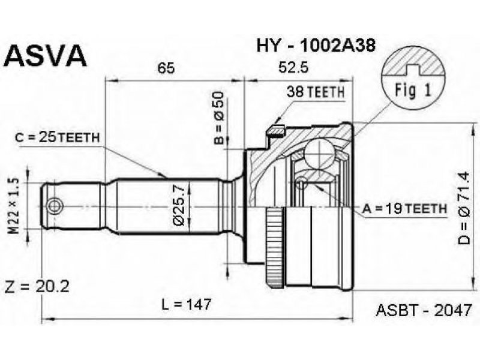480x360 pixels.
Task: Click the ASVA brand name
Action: coord(47,56)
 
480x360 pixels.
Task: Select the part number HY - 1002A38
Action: coord(316,46)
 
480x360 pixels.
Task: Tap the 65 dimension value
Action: coord(166,68)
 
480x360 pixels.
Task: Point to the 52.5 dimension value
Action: coord(293,68)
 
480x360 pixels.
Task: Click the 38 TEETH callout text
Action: coord(316,92)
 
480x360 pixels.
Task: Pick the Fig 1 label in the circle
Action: coord(413,90)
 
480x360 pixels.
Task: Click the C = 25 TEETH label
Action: coord(58,137)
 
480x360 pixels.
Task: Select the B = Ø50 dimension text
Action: coord(220,118)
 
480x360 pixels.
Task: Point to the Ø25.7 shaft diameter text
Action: coord(180,206)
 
